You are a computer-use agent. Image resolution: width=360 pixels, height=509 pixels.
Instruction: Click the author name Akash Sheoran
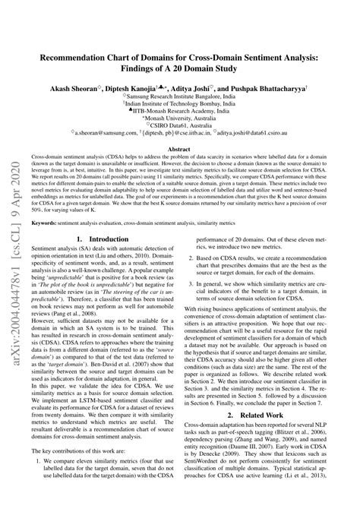(x=86, y=88)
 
